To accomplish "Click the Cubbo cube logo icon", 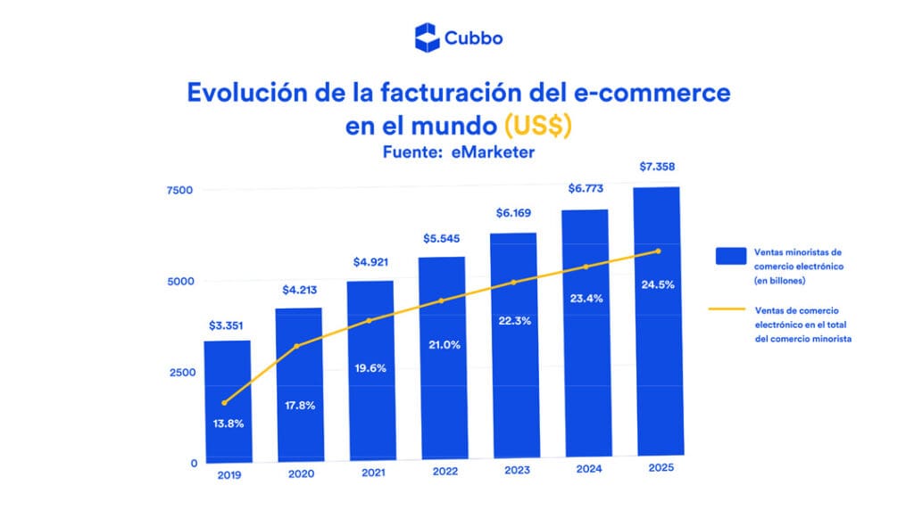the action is (x=427, y=37).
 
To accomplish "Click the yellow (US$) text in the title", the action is (x=537, y=126).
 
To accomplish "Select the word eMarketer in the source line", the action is (x=493, y=152).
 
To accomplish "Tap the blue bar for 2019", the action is (x=228, y=401).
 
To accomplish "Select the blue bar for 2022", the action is (x=443, y=358).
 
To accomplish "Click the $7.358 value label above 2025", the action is (x=657, y=167).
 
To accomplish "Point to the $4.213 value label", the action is (x=300, y=290).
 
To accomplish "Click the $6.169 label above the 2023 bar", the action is (x=513, y=213).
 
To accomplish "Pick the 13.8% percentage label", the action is (x=228, y=423).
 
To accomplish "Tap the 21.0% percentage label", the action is (x=445, y=345).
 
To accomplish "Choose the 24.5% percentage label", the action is (x=658, y=284).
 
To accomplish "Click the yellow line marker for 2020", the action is (x=296, y=346).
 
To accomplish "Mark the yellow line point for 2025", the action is (x=658, y=251).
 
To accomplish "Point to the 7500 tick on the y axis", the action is (x=179, y=190).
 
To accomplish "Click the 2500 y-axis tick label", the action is (x=182, y=373).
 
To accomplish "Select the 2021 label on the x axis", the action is (x=373, y=473).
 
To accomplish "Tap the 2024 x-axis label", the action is (x=589, y=469).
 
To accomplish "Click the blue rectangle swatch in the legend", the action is (x=731, y=256).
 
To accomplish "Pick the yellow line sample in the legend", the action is (x=727, y=309).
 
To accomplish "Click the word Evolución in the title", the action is (x=247, y=93).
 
